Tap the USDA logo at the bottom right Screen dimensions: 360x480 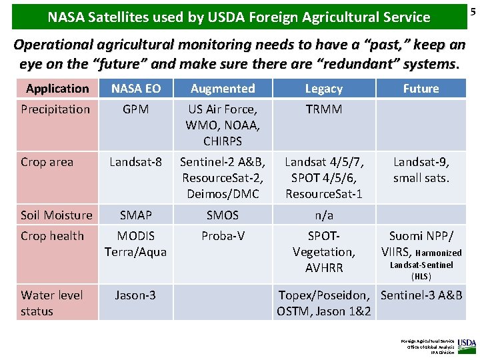467,345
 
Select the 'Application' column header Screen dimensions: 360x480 57,89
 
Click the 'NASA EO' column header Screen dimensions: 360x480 135,89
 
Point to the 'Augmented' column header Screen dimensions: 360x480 223,89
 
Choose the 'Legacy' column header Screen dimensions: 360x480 323,89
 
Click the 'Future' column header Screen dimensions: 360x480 421,89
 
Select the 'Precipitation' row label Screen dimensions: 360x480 55,109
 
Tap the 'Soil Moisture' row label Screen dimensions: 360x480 57,215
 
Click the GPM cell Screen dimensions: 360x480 135,109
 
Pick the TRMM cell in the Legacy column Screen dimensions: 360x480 323,109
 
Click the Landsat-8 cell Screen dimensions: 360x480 135,162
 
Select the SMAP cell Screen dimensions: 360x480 135,215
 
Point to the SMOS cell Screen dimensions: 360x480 223,215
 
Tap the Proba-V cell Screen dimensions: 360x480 223,235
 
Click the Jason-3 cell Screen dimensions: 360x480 135,295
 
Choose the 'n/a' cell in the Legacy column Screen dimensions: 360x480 323,215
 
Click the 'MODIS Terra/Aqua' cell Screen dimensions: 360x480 135,243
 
